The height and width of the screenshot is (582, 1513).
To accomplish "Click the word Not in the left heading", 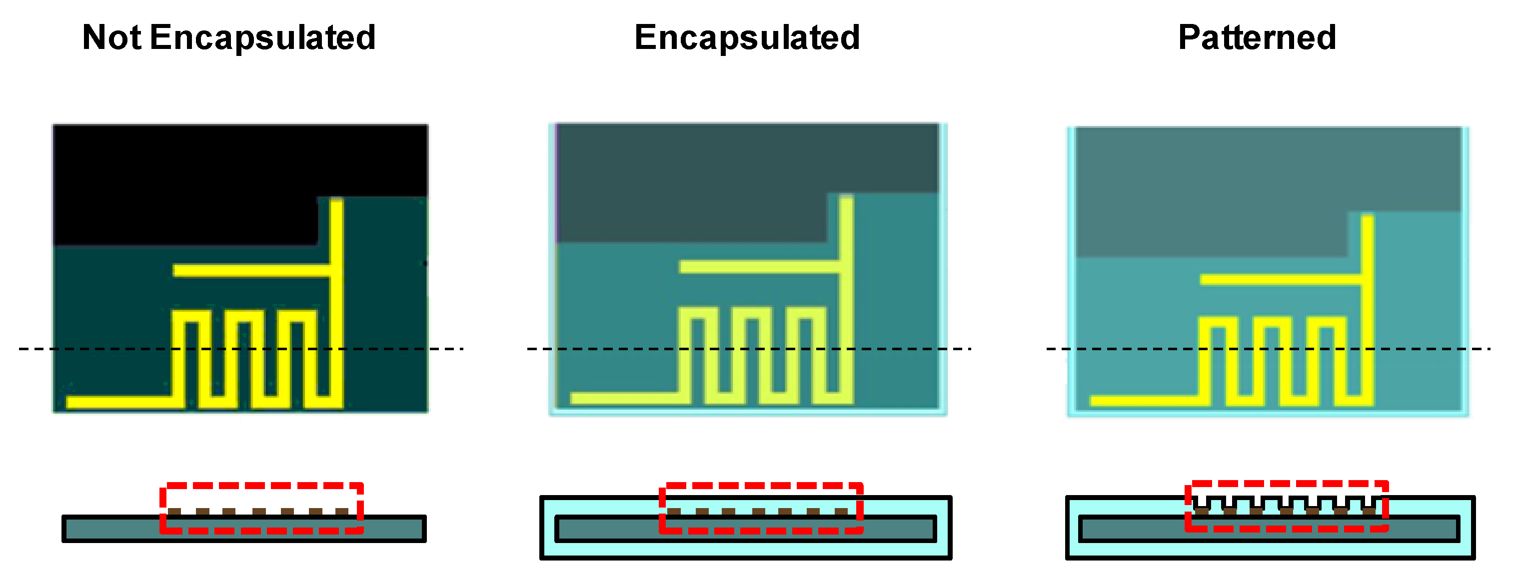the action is point(111,37).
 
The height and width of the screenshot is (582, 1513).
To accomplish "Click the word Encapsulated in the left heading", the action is point(262,37).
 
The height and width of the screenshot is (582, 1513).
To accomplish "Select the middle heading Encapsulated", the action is point(747,37).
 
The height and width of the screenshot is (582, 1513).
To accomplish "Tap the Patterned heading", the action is point(1257,37).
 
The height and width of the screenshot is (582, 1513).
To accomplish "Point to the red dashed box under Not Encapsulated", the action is point(262,485).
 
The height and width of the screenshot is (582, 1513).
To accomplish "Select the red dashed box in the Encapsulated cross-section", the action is point(761,486).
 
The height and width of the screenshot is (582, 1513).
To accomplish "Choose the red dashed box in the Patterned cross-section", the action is point(1286,484).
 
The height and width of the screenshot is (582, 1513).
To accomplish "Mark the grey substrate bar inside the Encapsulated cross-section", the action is point(605,529).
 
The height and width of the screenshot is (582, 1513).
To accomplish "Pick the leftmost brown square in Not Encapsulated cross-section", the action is point(174,512).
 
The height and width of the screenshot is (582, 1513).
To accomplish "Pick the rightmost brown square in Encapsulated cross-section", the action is point(841,512).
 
